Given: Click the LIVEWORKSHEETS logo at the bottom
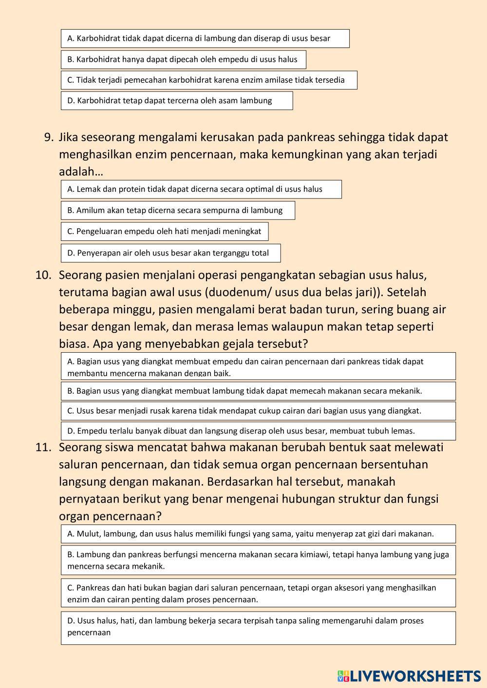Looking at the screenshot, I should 409,676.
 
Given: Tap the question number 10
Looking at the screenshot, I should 43,275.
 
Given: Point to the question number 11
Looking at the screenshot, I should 43,447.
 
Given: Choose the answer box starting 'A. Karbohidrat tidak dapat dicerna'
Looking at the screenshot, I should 205,38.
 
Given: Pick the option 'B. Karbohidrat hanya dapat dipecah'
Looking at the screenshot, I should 183,59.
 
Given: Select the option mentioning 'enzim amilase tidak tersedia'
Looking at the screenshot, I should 209,80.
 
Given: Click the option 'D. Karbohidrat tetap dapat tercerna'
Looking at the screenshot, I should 177,101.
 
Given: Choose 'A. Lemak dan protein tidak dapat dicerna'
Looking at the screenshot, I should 201,189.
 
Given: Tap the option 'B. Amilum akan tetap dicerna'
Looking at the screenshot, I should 178,210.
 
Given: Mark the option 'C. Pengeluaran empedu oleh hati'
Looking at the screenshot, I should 165,231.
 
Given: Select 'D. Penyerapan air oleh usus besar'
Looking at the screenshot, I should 171,253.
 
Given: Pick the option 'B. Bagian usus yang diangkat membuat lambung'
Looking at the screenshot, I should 258,391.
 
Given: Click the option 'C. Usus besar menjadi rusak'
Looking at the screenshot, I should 258,411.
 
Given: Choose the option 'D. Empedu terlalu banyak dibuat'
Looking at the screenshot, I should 258,431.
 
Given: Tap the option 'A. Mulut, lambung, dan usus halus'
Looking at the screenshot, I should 258,534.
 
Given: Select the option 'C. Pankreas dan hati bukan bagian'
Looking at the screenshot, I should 258,593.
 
